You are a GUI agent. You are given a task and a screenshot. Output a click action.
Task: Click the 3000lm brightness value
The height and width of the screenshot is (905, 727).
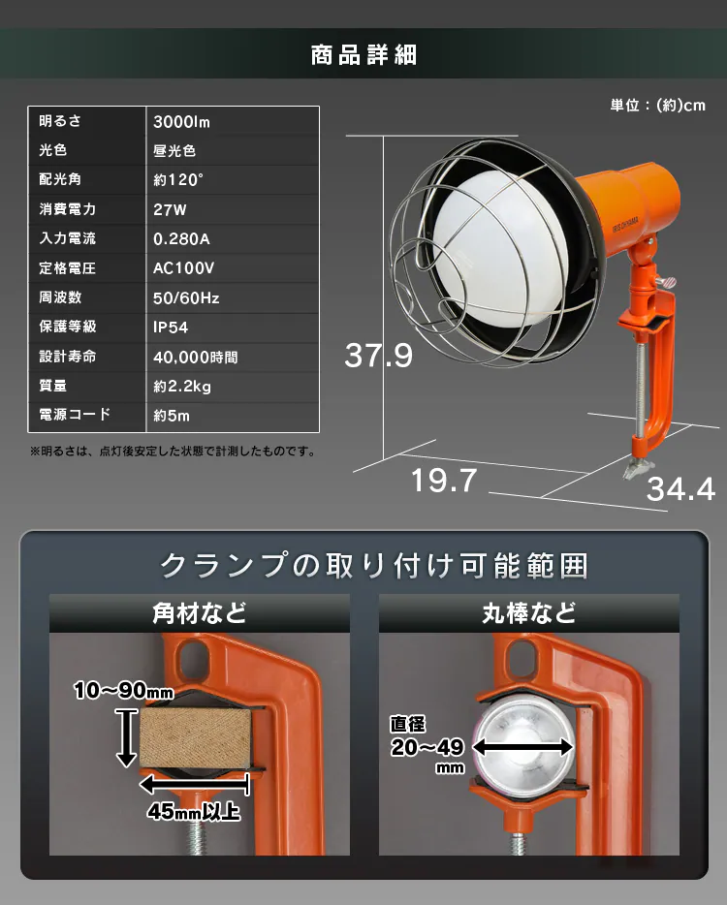pos(181,122)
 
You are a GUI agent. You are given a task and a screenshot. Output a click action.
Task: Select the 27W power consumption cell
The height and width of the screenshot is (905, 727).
pos(170,209)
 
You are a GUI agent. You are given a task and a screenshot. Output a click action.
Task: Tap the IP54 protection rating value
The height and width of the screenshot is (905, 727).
pos(171,328)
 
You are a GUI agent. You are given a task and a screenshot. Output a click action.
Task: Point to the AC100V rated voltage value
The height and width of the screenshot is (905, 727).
pos(183,268)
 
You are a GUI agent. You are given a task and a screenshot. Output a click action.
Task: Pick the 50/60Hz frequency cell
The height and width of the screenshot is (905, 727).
pos(186,297)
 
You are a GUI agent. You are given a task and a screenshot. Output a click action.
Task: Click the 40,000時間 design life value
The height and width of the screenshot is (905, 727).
pos(195,358)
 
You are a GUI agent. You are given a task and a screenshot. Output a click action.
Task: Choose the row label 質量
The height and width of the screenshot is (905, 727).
pos(52,386)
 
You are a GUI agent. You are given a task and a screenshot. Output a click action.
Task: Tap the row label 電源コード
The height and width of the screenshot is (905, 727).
pos(75,415)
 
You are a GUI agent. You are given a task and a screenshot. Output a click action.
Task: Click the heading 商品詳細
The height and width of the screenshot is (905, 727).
pos(363,55)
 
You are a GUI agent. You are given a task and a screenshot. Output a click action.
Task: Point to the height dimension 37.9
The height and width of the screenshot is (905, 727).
pos(379,355)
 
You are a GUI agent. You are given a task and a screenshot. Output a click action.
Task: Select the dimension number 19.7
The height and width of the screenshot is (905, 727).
pos(444,481)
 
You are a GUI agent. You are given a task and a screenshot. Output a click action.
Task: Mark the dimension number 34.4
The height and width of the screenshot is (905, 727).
pos(680,489)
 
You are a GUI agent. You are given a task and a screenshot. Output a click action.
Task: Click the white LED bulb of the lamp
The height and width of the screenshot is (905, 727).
pos(495,248)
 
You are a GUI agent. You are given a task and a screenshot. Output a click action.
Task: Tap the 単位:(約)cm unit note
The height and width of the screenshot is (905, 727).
pos(658,105)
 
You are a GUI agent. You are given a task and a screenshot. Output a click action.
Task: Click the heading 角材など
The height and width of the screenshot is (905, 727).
pos(200,613)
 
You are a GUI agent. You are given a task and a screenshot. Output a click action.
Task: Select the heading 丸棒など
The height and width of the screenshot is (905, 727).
pos(529,613)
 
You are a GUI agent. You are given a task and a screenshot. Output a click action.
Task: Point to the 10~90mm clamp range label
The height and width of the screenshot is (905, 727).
pos(123,690)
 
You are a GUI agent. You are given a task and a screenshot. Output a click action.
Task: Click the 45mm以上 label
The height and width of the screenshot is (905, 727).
pos(194,812)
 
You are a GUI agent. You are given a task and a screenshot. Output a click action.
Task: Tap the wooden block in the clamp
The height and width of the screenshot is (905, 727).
pos(195,738)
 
